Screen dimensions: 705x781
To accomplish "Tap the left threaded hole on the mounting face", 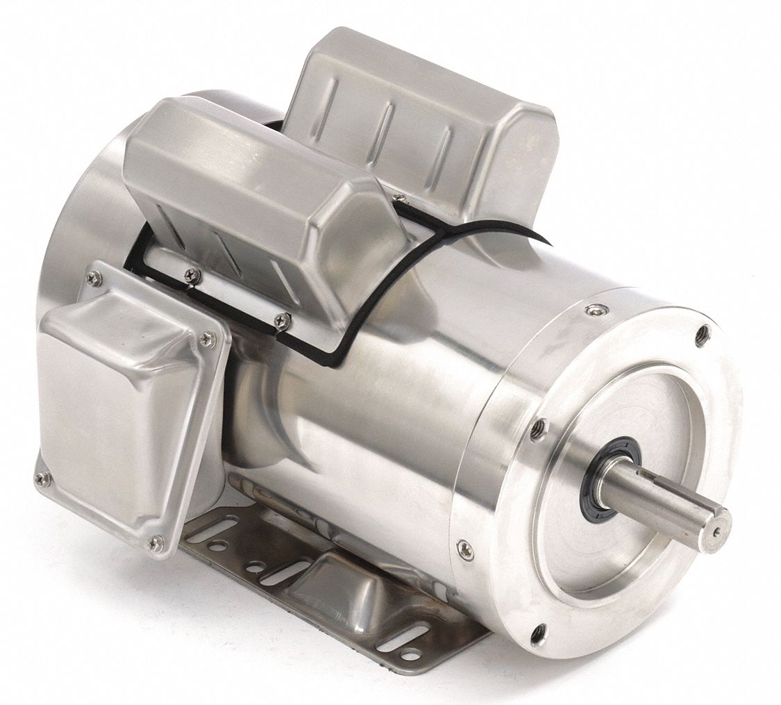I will (x=537, y=431).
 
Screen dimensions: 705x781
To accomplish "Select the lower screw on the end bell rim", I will (x=464, y=549).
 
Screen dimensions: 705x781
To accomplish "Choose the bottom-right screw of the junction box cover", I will (x=157, y=541).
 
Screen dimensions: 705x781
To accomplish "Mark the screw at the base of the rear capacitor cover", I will (x=398, y=200).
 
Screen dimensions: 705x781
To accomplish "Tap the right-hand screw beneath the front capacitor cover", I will (x=282, y=320).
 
